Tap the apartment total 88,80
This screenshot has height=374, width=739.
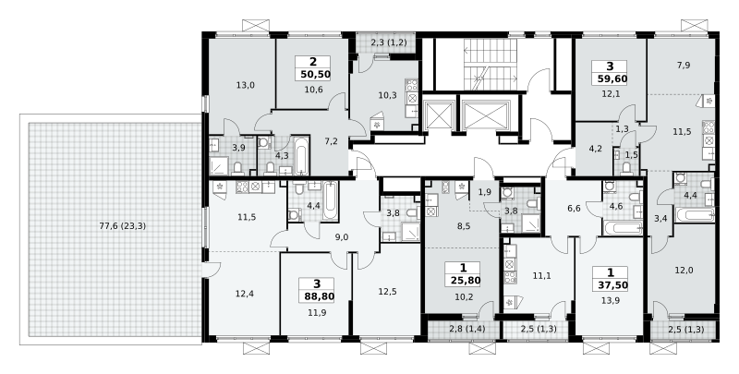pos(317,296)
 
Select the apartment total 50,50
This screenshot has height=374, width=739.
pos(313,74)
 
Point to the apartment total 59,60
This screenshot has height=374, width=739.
pos(612,78)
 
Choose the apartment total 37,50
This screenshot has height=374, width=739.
pos(611,285)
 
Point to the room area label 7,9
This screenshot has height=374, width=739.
pos(684,65)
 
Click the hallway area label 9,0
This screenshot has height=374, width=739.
pos(341,237)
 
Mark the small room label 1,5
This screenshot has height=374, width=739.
pos(631,154)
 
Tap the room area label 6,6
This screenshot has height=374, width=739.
pos(574,208)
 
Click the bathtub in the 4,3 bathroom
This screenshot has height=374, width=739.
pos(301,155)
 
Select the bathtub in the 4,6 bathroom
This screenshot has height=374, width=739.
pos(623,229)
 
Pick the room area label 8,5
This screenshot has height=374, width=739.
pos(465,225)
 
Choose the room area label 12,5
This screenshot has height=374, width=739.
pos(387,292)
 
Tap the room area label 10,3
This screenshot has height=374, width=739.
pos(387,95)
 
